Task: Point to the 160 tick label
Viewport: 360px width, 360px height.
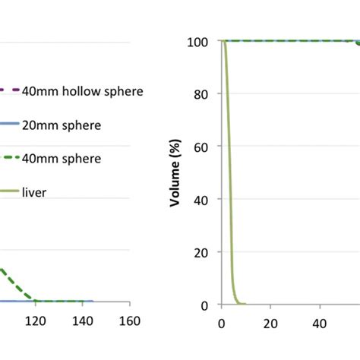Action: (x=130, y=321)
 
